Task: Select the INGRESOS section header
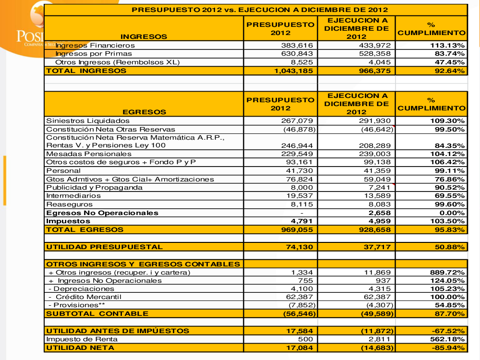click(144, 36)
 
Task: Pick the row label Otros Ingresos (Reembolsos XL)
click(117, 62)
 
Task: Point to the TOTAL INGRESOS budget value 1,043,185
click(293, 71)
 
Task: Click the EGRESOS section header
click(144, 112)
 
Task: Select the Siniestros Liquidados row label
click(88, 120)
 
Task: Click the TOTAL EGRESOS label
click(84, 229)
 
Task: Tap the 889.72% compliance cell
click(449, 272)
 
